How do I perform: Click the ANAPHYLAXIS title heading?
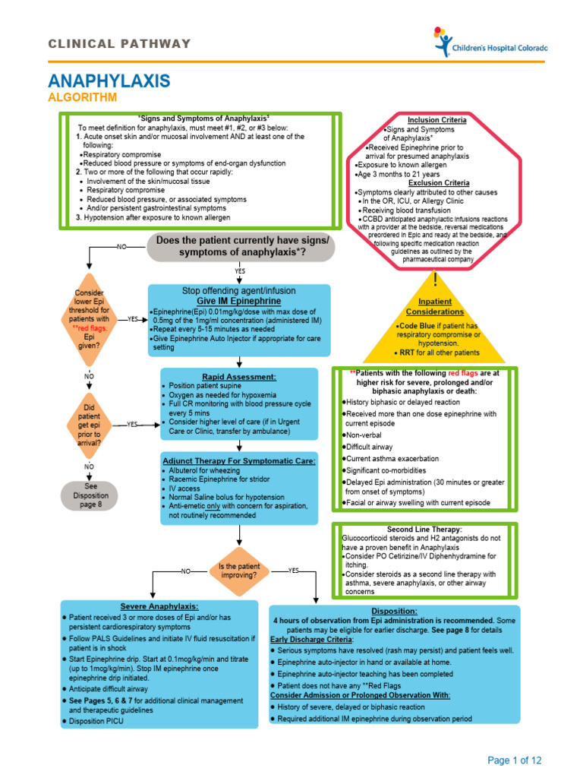pyautogui.click(x=109, y=81)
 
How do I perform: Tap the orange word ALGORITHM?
pyautogui.click(x=83, y=98)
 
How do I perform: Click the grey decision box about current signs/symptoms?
pyautogui.click(x=242, y=246)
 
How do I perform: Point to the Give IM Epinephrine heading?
pyautogui.click(x=240, y=301)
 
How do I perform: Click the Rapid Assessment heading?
pyautogui.click(x=239, y=377)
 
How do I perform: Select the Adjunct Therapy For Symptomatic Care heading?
pyautogui.click(x=239, y=461)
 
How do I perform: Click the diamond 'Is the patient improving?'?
pyautogui.click(x=238, y=571)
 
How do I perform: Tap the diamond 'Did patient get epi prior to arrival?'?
pyautogui.click(x=89, y=425)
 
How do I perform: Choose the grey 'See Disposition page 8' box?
pyautogui.click(x=90, y=495)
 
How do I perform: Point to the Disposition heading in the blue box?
pyautogui.click(x=394, y=611)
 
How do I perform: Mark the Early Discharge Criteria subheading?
pyautogui.click(x=307, y=640)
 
